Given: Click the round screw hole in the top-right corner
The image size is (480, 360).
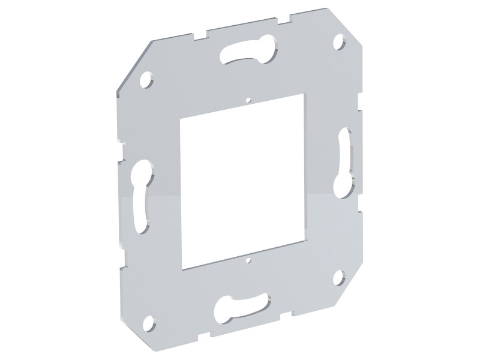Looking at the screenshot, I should point(340,43).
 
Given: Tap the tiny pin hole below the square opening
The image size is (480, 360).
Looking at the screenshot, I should point(247,261).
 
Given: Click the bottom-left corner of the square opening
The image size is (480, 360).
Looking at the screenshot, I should point(181,268).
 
